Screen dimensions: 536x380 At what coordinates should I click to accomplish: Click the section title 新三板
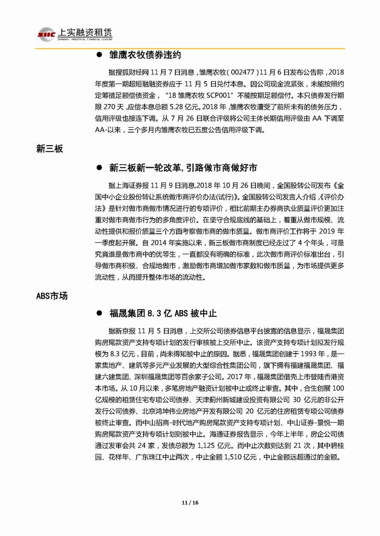pyautogui.click(x=50, y=149)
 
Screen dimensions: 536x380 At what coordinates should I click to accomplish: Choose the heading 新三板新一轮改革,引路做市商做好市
pyautogui.click(x=184, y=168)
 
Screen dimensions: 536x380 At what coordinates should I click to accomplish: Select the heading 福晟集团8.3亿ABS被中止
pyautogui.click(x=163, y=313)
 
